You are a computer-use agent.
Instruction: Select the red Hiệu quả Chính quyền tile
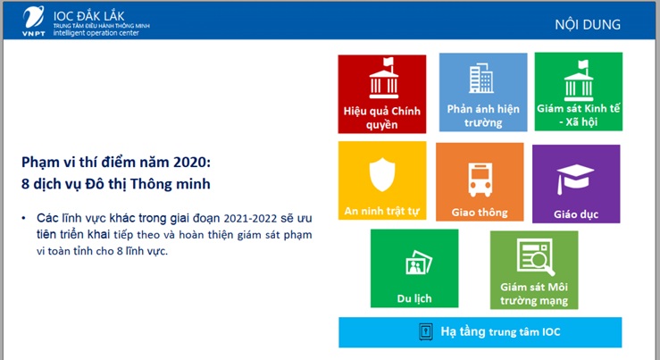(x=382, y=93)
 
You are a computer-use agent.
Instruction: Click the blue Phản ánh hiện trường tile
(x=482, y=93)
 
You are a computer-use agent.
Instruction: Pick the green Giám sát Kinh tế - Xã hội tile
(x=579, y=93)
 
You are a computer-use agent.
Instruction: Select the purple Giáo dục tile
(x=576, y=184)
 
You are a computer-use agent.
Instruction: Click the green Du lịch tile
(x=414, y=269)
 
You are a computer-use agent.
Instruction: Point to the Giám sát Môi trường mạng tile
(x=534, y=269)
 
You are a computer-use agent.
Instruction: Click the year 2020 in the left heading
(x=194, y=163)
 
